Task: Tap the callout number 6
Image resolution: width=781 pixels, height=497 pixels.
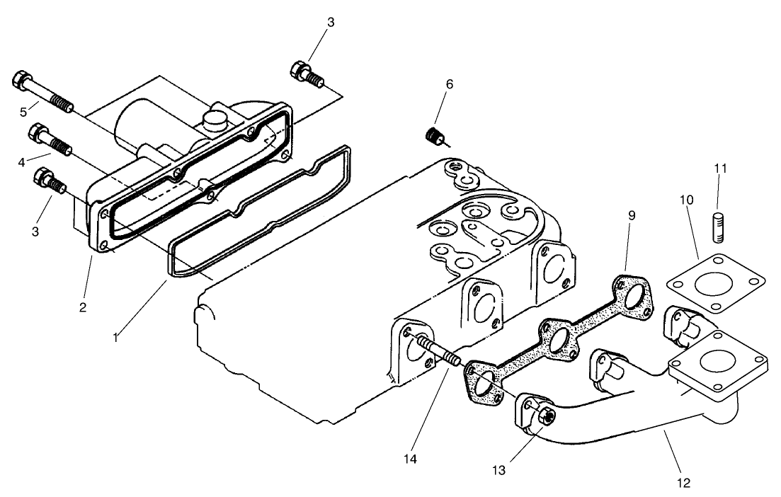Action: point(449,84)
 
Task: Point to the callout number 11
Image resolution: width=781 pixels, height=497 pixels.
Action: point(720,168)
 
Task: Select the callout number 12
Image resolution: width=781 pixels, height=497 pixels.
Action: point(683,484)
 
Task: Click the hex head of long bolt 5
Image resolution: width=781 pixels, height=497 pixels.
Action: point(21,80)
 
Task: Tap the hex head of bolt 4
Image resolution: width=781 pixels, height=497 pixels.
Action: point(36,131)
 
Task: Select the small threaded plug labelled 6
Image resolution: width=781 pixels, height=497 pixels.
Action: point(434,136)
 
